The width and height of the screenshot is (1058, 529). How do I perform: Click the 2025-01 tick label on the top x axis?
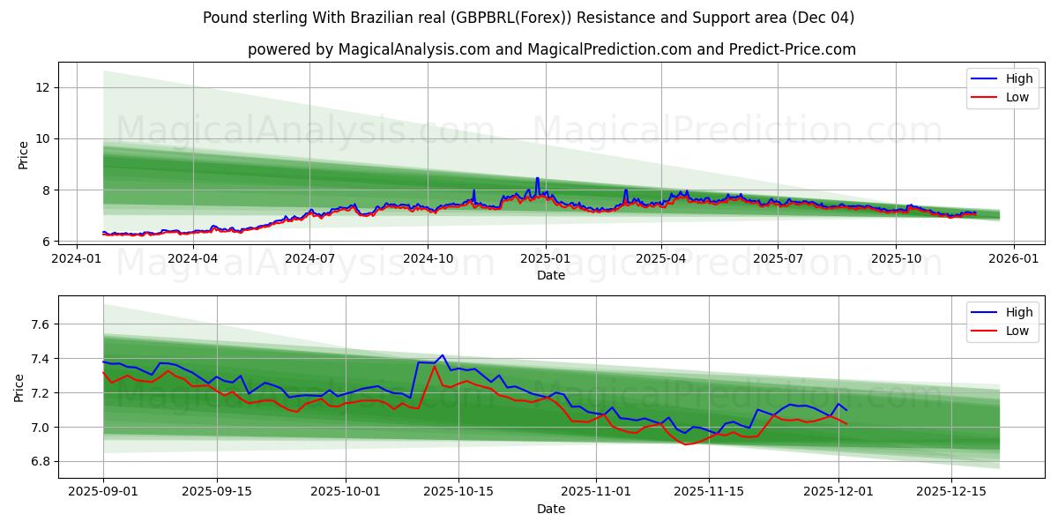545,258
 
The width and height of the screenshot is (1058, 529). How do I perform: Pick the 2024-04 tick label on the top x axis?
192,258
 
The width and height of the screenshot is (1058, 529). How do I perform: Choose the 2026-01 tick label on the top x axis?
1013,258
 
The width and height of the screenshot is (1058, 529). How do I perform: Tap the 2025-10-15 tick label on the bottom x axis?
458,492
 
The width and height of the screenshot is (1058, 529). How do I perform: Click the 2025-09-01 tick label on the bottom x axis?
103,492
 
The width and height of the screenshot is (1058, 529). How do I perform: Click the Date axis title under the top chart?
551,275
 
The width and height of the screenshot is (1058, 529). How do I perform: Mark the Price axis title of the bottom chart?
19,387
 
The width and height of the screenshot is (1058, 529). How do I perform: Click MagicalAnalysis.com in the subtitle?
414,49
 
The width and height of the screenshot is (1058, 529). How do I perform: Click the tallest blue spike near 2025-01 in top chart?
537,178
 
